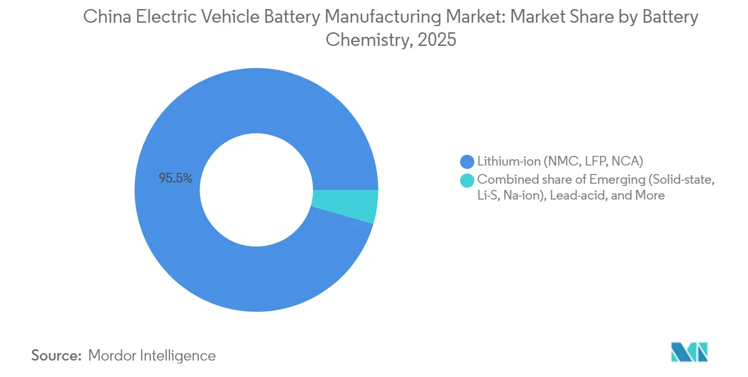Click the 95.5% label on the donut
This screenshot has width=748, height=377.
click(x=176, y=179)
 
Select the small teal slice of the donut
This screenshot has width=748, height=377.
click(x=346, y=206)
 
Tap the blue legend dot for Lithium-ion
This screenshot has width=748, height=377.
click(x=467, y=162)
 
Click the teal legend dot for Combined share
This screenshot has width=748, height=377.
click(x=467, y=180)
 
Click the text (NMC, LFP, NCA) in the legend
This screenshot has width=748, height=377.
click(x=592, y=162)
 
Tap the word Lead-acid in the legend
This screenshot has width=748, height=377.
click(x=586, y=196)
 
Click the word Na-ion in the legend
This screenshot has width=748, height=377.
click(x=522, y=196)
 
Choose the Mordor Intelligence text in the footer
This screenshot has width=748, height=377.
click(x=152, y=356)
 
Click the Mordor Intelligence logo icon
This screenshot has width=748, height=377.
click(x=689, y=353)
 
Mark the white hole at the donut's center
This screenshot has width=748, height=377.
click(x=256, y=189)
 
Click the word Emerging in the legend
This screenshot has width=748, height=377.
click(x=616, y=180)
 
